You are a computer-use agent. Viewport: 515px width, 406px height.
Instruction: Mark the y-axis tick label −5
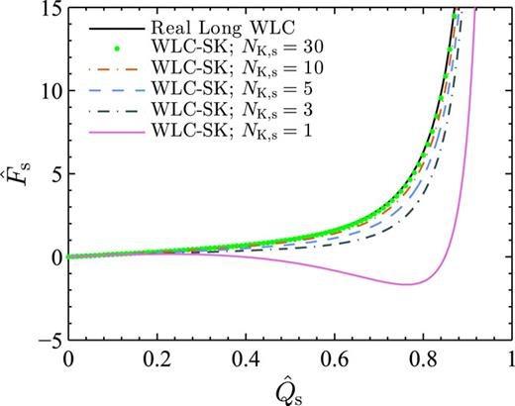pos(46,339)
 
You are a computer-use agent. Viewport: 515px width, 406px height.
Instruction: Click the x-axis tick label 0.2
pos(155,358)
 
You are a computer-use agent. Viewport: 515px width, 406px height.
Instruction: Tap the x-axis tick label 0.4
pos(245,358)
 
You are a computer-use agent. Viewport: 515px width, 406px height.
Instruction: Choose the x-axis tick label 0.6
pos(334,358)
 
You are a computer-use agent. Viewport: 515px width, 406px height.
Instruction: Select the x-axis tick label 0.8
pos(422,358)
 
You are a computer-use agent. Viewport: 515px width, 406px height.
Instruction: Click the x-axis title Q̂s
pos(289,387)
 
